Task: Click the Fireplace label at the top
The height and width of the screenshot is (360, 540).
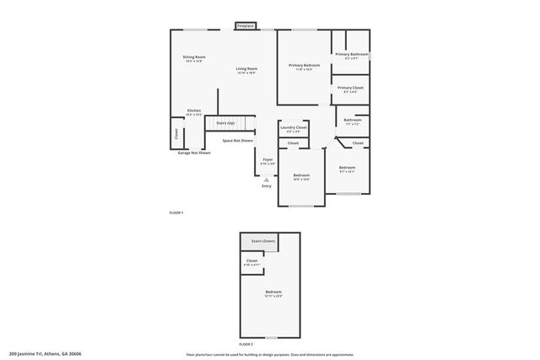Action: click(246, 26)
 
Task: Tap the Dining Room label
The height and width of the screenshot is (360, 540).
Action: click(195, 57)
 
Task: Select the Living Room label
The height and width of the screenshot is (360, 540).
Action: click(246, 68)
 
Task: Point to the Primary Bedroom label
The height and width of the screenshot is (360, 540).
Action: click(304, 65)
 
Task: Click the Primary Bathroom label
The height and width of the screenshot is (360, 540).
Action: click(352, 55)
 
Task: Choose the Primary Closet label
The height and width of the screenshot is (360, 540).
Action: click(350, 88)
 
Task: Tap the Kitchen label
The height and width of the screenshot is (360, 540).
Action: click(194, 110)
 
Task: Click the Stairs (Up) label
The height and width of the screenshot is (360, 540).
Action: click(225, 123)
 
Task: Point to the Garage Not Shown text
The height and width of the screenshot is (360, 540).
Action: click(194, 153)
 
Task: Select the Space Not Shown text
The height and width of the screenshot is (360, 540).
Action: click(238, 141)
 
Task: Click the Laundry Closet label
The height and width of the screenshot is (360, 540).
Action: click(294, 128)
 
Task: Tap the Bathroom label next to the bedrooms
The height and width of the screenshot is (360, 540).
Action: click(352, 120)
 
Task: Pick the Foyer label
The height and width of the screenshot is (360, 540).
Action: click(267, 159)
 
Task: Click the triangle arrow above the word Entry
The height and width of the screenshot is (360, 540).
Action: click(267, 180)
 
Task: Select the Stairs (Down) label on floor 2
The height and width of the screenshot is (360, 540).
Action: click(262, 241)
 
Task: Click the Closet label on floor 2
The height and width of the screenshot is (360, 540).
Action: click(252, 261)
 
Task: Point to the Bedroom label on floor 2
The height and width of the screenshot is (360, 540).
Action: click(273, 292)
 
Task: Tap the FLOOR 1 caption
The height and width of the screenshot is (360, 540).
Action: click(176, 212)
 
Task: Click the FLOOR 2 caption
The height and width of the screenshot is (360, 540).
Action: click(246, 345)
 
